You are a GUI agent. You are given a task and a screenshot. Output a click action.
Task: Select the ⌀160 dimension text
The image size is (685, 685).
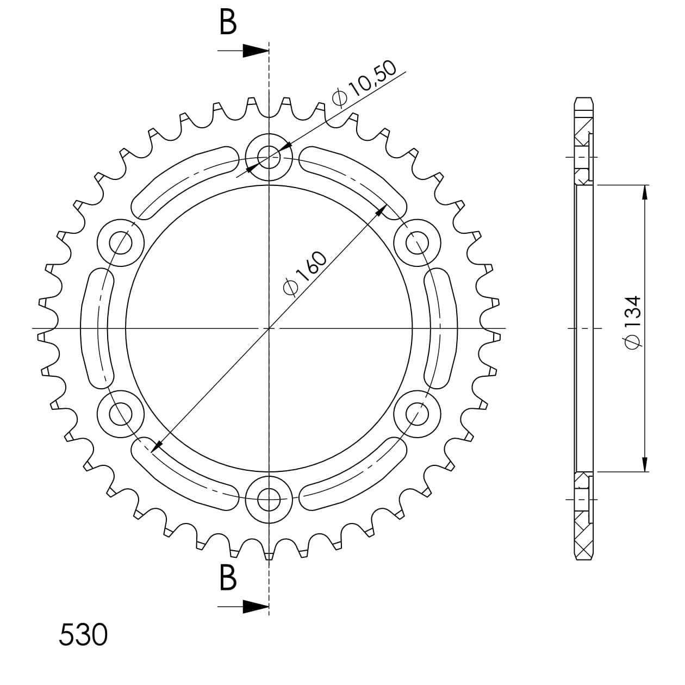304,273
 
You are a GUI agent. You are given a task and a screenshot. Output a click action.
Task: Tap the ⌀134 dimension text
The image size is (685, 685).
633,322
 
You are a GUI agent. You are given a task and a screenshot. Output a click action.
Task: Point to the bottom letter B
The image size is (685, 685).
228,577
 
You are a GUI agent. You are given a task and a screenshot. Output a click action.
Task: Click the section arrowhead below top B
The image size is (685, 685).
256,51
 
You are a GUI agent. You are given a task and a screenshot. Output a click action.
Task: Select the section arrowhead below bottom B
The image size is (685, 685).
256,606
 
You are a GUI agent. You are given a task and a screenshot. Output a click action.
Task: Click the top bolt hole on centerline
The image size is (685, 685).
269,157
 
